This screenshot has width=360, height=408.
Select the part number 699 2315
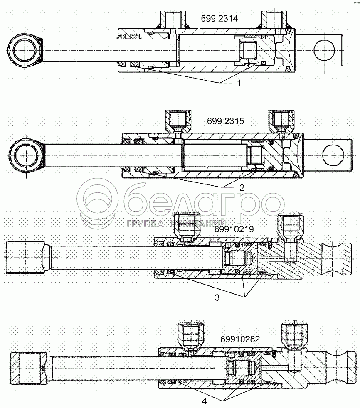tap(225, 121)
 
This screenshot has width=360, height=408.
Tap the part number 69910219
tap(234, 229)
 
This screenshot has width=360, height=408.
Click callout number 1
tap(239, 83)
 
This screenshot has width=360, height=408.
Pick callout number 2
tap(241, 187)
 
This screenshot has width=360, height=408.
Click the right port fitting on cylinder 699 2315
tap(281, 121)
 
